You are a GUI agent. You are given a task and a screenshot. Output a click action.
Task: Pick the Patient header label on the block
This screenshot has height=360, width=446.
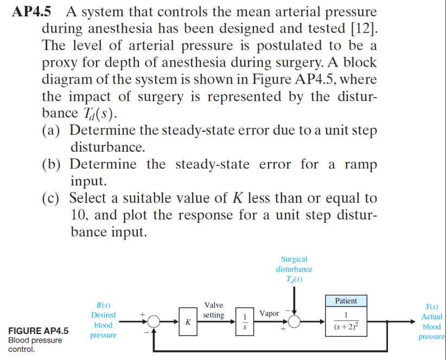[x=346, y=301]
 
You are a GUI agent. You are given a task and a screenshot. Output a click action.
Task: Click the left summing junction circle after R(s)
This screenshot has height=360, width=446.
[x=155, y=322]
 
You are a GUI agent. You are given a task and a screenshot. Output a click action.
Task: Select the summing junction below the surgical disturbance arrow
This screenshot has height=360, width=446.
[x=295, y=322]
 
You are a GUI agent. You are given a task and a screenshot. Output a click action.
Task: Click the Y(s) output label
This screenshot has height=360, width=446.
[x=432, y=306]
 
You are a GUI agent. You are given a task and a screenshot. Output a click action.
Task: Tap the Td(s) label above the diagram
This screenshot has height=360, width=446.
[x=294, y=280]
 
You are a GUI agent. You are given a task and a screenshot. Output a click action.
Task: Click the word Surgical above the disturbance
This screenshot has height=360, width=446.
[x=294, y=259]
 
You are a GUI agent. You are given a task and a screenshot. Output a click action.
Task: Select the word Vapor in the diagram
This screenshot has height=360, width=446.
[x=269, y=313]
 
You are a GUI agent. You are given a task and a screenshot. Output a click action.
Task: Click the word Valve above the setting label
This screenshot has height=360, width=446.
[x=213, y=305]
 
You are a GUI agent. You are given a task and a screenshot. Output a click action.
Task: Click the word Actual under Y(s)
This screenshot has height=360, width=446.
[x=432, y=317]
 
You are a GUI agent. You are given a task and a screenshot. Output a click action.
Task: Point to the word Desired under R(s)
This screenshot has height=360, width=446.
[x=103, y=315]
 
